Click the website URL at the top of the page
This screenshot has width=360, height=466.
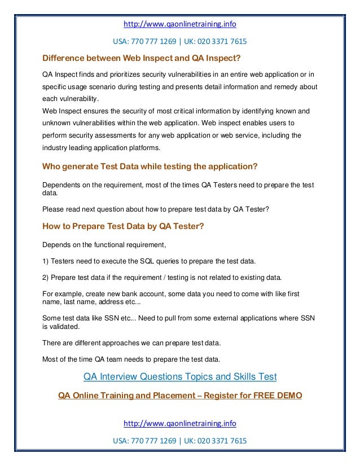[x=179, y=25]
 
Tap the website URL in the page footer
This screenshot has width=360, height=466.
[x=179, y=423]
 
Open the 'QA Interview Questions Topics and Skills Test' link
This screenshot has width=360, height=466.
[x=179, y=376]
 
